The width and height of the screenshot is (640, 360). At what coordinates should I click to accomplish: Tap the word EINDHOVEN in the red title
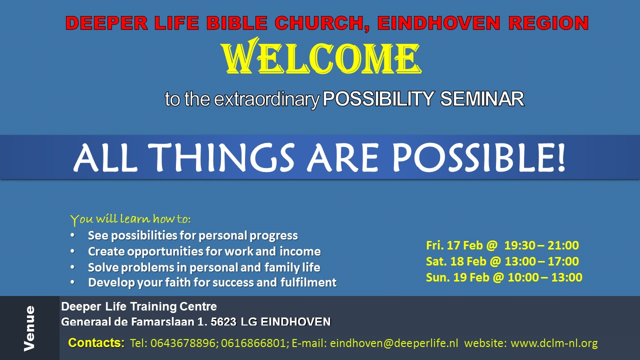pos(438,23)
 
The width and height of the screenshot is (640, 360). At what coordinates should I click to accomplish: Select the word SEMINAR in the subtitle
pos(482,99)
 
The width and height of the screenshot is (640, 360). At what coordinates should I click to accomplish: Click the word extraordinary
pos(266,99)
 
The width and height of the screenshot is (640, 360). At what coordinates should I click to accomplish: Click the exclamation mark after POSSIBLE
pos(561,157)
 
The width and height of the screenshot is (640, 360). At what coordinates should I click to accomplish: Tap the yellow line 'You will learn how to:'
pos(130,219)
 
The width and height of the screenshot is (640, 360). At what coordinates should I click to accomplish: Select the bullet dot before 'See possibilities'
pos(72,235)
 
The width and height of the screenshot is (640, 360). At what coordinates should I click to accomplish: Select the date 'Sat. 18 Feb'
pos(456,261)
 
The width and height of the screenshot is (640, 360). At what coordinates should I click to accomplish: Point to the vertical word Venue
pos(29,328)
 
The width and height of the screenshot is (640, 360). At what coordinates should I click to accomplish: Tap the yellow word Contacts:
pos(96,343)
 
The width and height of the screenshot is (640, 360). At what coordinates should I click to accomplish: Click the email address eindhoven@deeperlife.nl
pos(394,343)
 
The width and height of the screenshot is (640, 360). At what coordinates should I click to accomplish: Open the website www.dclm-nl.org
pos(554,343)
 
